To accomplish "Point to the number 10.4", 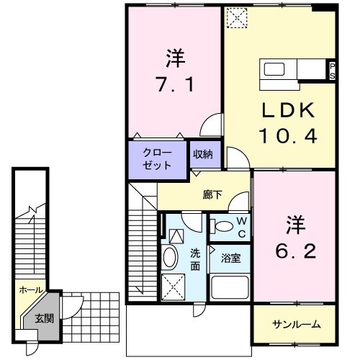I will (x=288, y=135).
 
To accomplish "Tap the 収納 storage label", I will (x=202, y=154).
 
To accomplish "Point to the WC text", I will (x=243, y=228).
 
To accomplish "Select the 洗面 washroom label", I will (x=196, y=259).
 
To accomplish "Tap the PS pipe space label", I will (x=332, y=71).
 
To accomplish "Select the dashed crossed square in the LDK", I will (x=235, y=17).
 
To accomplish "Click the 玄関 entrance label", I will (x=43, y=318).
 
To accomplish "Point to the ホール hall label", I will (x=30, y=290).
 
